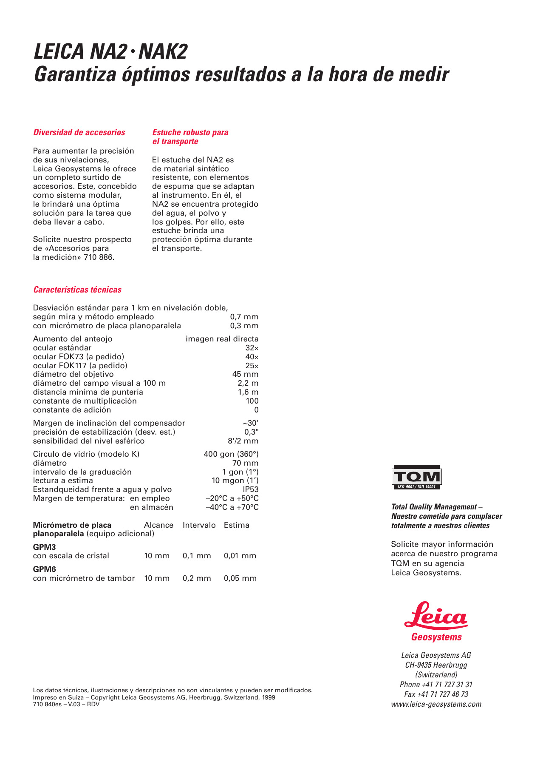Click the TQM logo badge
pyautogui.click(x=416, y=477)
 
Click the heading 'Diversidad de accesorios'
pyautogui.click(x=79, y=132)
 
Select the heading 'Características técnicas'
pyautogui.click(x=77, y=290)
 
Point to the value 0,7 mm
pyautogui.click(x=244, y=317)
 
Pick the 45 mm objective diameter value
pyautogui.click(x=245, y=374)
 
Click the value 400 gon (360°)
pyautogui.click(x=231, y=454)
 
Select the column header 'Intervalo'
pyautogui.click(x=199, y=525)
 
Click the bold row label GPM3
pyautogui.click(x=44, y=547)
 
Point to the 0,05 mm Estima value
pyautogui.click(x=240, y=578)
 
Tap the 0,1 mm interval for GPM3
pyautogui.click(x=197, y=556)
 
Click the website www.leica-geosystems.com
pyautogui.click(x=436, y=704)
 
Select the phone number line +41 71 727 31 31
pyautogui.click(x=436, y=685)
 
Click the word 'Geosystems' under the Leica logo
pyautogui.click(x=436, y=637)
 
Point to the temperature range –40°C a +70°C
pyautogui.click(x=232, y=507)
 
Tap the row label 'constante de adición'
pyautogui.click(x=72, y=410)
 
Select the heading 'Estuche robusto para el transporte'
pyautogui.click(x=190, y=137)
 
